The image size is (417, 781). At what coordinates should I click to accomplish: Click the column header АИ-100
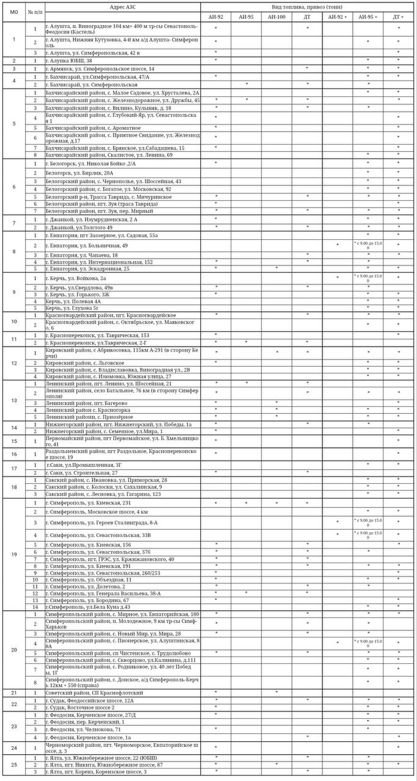pos(277,17)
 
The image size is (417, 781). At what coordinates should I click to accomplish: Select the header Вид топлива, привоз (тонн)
pos(308,5)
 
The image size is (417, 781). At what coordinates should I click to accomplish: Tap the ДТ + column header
pos(399,17)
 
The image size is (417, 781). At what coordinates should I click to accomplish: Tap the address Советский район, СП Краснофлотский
pos(94,693)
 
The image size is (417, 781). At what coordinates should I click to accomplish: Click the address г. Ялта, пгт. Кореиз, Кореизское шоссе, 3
pos(95,772)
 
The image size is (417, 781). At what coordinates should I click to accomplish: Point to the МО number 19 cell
pos(13,555)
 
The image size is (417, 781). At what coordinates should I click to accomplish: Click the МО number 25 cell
pos(13,765)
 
